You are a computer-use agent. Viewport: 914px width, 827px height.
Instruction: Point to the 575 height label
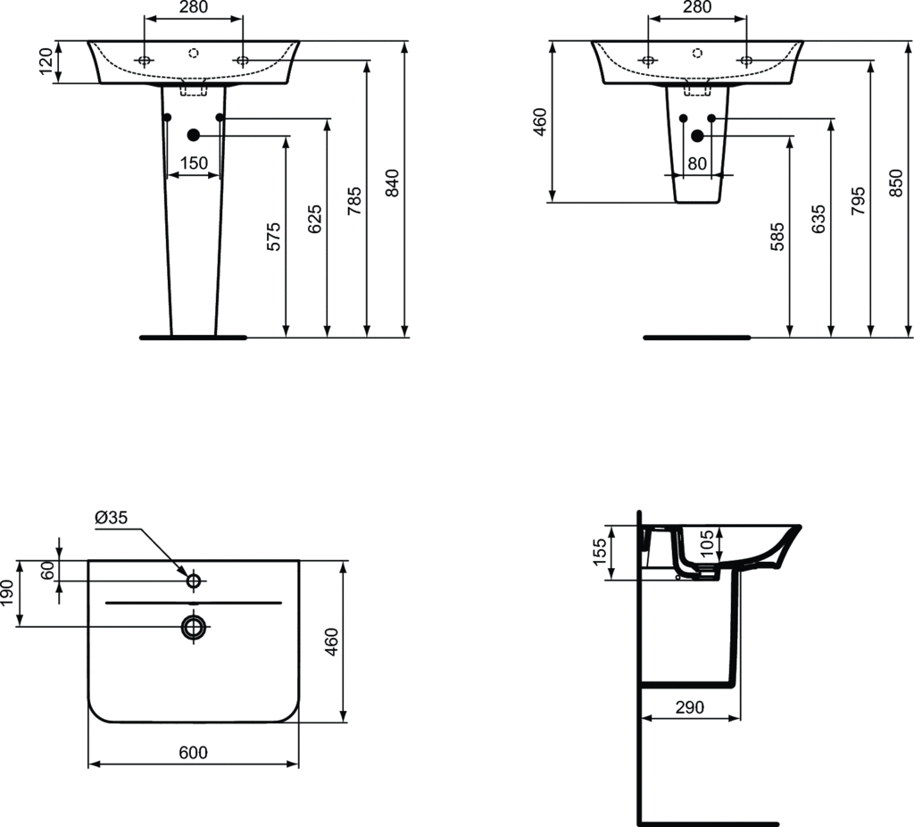tap(275, 235)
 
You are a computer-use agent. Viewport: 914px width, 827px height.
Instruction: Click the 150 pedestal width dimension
tap(194, 163)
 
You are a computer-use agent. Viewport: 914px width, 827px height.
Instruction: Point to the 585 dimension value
tap(778, 236)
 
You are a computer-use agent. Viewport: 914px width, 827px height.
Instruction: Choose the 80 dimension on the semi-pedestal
tap(697, 163)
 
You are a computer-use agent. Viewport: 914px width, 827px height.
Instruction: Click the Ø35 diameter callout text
tap(112, 517)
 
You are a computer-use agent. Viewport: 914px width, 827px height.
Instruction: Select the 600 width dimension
tap(193, 753)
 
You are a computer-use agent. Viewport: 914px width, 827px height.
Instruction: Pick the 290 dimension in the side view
tap(690, 706)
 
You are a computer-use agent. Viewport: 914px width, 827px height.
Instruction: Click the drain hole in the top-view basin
tap(194, 626)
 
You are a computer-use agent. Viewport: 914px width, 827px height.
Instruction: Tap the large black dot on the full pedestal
tap(193, 135)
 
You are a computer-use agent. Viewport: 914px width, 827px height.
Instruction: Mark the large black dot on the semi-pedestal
tap(697, 135)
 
